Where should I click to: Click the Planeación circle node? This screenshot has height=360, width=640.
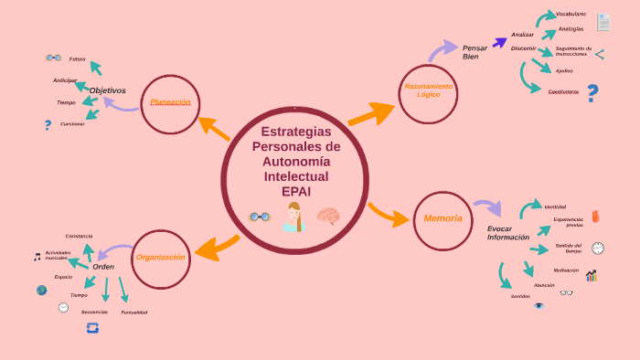coord(170,103)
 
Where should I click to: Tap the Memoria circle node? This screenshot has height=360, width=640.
coord(443,219)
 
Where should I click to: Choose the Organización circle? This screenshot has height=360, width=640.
coord(161,259)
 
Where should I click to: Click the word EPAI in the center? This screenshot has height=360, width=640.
coord(295,191)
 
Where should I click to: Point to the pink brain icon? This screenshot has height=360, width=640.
coord(327,217)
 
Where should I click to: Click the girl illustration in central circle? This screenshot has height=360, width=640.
coord(293,217)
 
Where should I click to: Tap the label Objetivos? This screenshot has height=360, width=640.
coord(107,90)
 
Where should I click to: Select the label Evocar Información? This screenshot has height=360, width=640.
coord(507,233)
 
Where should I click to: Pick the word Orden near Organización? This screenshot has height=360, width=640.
coord(103,267)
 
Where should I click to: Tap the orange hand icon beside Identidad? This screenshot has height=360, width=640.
coord(595,216)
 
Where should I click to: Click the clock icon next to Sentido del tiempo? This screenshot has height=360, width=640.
coord(598,248)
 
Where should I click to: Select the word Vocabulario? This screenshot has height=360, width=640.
coord(571,14)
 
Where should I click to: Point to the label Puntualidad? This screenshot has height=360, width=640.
coord(133,312)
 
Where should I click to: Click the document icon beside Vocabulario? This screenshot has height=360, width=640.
coord(603,21)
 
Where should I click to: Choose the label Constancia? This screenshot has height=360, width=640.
coord(79,236)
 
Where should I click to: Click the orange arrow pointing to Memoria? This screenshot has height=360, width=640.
coord(388,216)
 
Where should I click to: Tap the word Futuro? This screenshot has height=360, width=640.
coord(77,58)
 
